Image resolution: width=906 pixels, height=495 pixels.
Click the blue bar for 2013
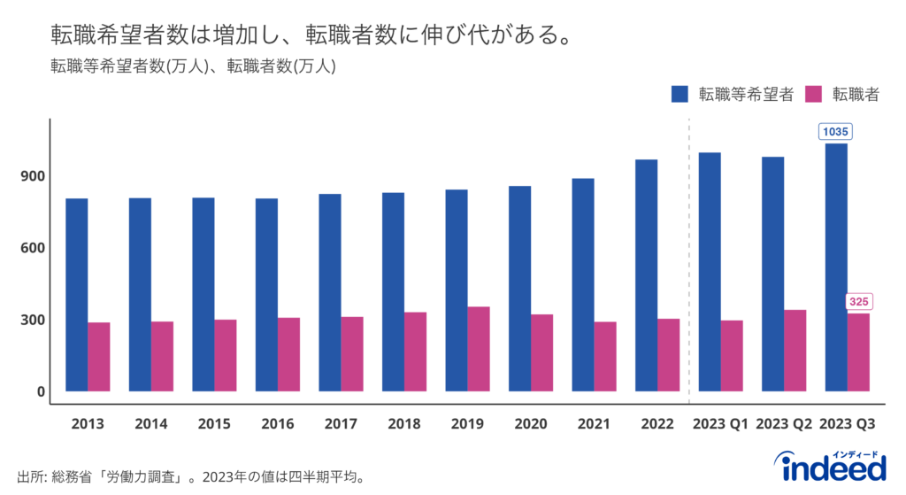tap(76, 294)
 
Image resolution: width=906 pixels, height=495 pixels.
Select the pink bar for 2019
tap(479, 349)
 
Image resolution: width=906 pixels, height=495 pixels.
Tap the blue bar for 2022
tap(646, 275)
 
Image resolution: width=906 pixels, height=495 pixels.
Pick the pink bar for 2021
tap(605, 356)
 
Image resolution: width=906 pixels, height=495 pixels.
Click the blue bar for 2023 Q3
tap(836, 267)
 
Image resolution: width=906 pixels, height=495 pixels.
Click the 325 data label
tap(858, 302)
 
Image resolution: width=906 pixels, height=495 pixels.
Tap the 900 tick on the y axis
tap(32, 175)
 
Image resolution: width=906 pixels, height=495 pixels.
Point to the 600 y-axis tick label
tap(32, 248)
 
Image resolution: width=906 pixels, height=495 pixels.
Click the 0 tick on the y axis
tap(41, 391)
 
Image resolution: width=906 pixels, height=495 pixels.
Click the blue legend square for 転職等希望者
tap(679, 94)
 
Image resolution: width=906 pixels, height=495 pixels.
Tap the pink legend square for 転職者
tap(815, 94)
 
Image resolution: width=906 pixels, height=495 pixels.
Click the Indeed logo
tap(829, 467)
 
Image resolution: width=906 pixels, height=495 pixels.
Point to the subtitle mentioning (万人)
tap(192, 66)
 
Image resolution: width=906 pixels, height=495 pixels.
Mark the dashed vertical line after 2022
tap(689, 266)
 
